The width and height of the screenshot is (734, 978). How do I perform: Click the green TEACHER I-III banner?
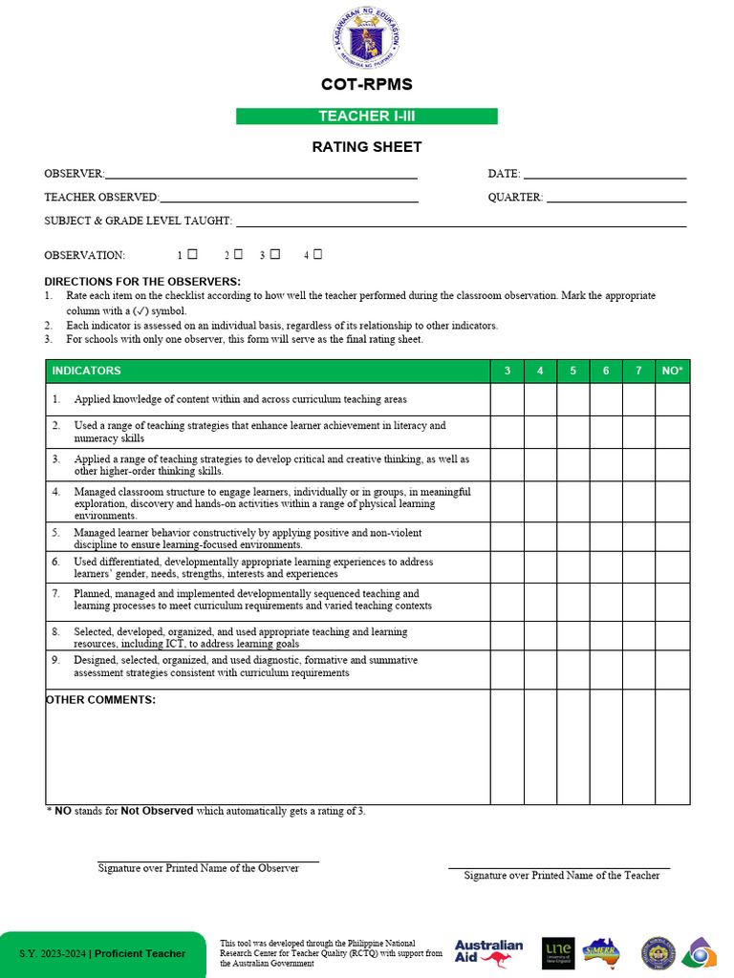(367, 117)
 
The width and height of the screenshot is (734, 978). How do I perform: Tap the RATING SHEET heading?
(367, 147)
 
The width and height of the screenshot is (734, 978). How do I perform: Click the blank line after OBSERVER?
(261, 177)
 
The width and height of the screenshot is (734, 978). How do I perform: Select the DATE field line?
(604, 177)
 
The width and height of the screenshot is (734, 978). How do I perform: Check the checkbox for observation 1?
(192, 254)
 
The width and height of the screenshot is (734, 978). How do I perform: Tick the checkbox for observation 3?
(275, 254)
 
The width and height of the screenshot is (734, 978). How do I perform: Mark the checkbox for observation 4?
(317, 254)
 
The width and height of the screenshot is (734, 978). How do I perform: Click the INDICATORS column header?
(87, 371)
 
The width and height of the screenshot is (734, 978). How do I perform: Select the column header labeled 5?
(573, 371)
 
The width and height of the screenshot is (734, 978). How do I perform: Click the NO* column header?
(672, 371)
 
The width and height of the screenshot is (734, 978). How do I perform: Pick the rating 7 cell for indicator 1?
(638, 399)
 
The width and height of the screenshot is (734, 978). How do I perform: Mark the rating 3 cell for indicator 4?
(507, 501)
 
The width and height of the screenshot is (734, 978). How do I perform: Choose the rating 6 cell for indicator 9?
(606, 670)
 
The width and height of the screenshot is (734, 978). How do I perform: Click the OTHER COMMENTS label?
(101, 700)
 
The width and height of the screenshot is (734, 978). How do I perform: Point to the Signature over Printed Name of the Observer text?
(199, 869)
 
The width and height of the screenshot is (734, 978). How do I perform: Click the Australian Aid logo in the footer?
(488, 952)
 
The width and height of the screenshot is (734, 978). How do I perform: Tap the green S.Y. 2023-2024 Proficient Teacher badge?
(102, 953)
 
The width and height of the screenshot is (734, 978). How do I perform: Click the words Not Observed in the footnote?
(157, 811)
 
